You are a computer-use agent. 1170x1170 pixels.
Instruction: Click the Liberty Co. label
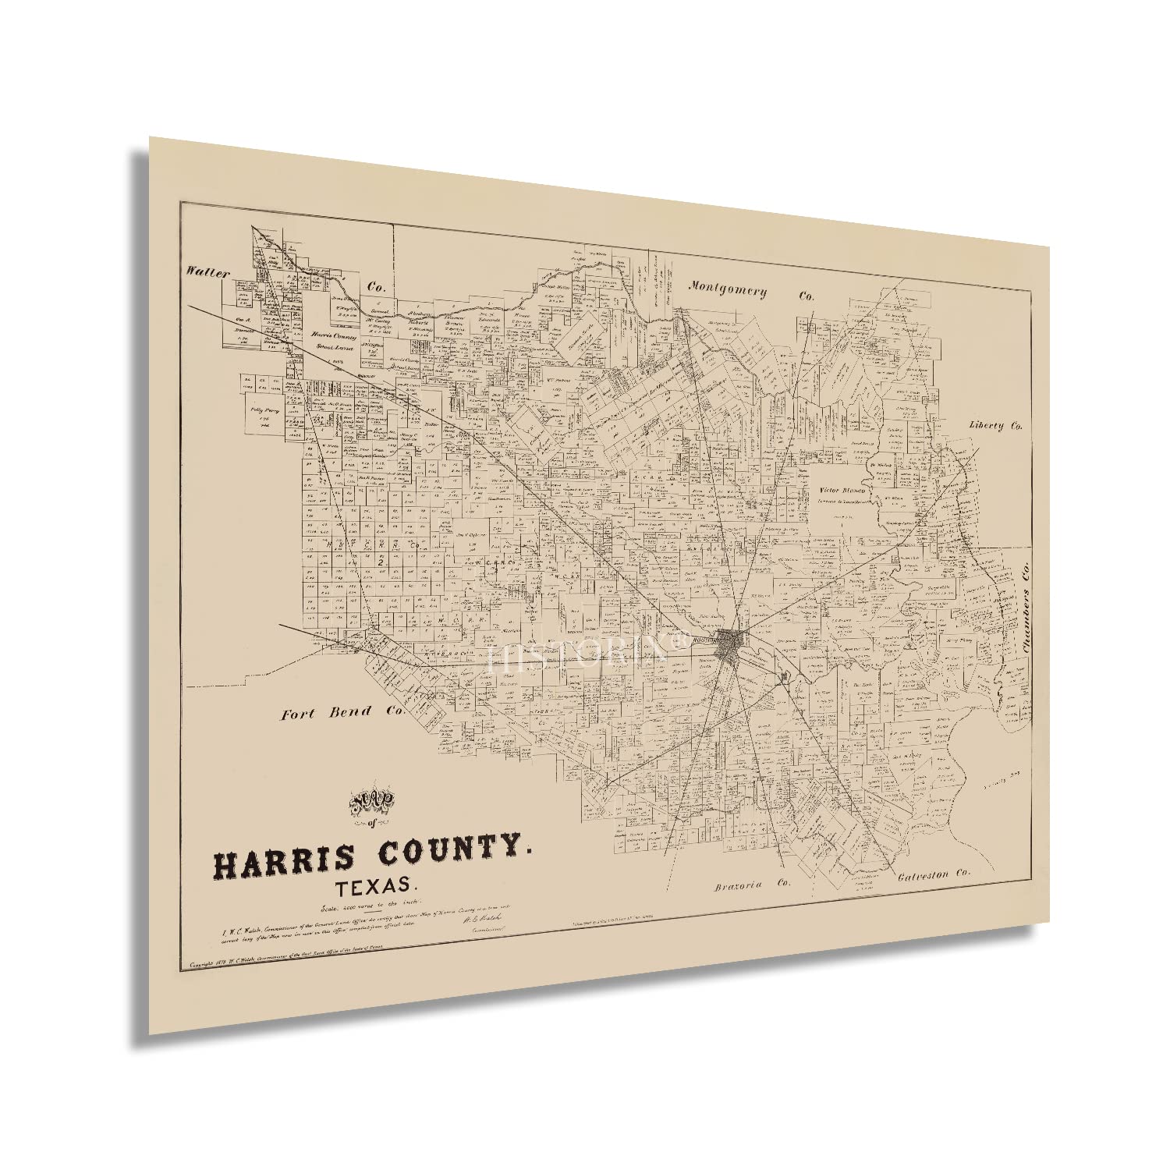[994, 426]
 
